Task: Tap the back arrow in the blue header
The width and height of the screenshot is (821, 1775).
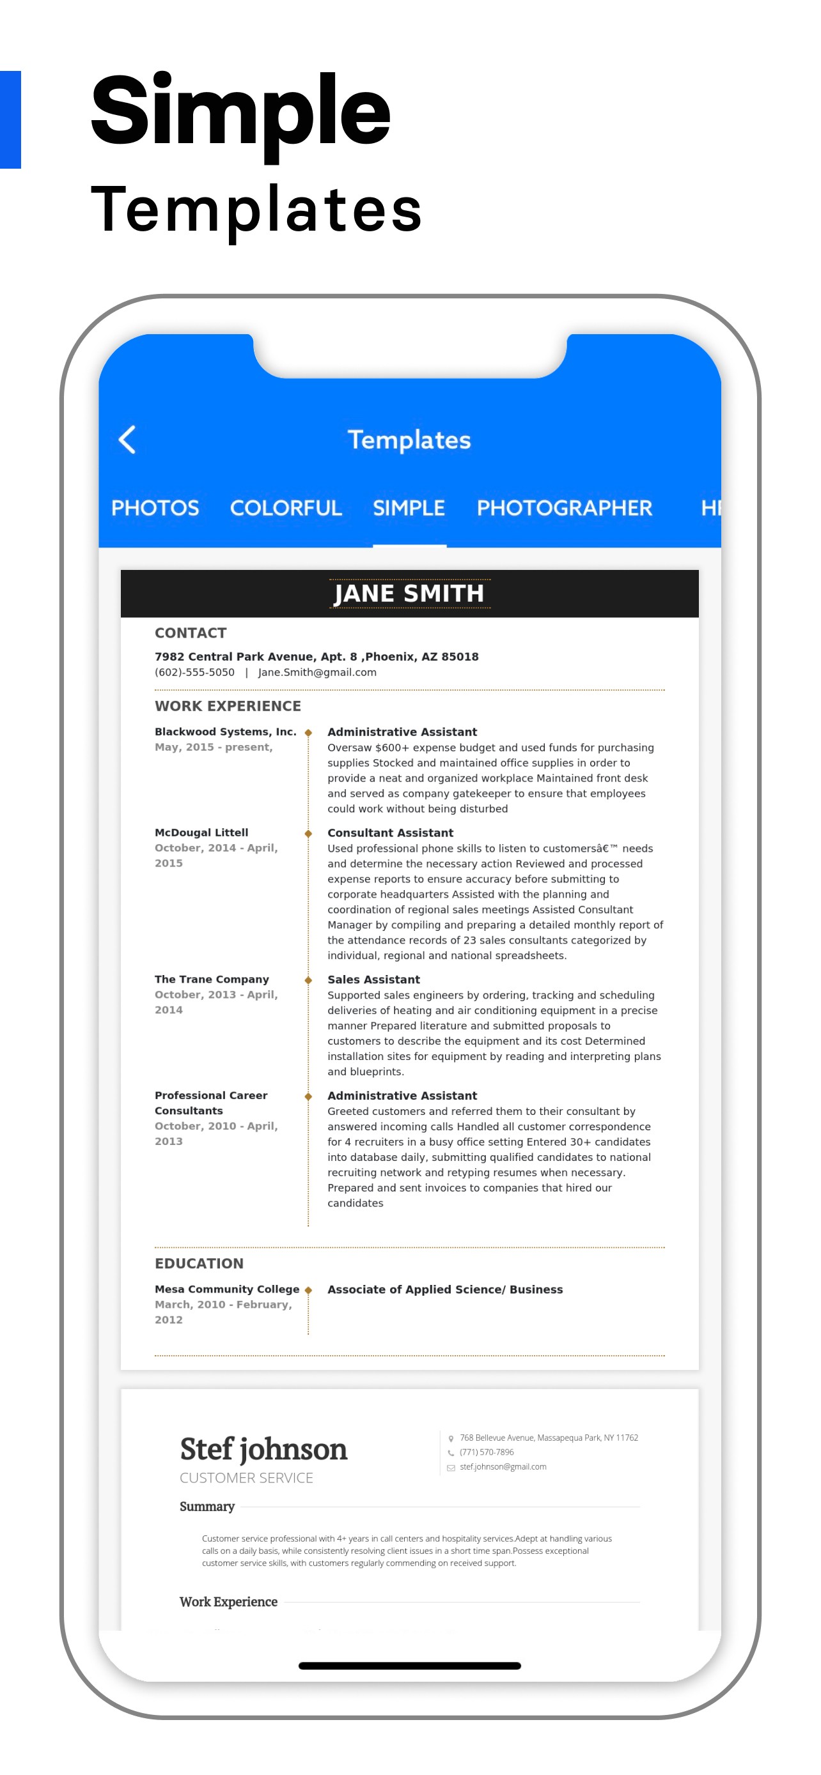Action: click(127, 439)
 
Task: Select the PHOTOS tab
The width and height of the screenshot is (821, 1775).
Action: click(155, 508)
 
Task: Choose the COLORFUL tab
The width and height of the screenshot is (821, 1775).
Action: click(285, 508)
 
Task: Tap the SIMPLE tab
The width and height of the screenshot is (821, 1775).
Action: click(409, 508)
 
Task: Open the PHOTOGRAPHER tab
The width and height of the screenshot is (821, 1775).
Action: click(564, 508)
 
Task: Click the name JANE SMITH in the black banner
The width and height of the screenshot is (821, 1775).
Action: click(409, 594)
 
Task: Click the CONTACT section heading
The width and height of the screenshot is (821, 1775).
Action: click(191, 633)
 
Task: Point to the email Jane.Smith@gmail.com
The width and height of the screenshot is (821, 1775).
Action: click(317, 673)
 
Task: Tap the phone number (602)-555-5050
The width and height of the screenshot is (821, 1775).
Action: click(194, 673)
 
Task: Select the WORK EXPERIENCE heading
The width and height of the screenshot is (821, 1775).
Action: click(228, 705)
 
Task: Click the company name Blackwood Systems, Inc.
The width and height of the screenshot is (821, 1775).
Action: click(226, 732)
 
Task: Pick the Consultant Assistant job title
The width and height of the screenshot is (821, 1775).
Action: click(390, 833)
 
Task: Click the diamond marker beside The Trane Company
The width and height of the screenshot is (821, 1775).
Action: click(308, 980)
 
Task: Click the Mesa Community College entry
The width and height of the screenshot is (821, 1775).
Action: click(227, 1289)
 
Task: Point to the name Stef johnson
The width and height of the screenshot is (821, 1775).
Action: click(263, 1449)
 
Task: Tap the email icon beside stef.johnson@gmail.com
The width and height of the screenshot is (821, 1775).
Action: click(451, 1468)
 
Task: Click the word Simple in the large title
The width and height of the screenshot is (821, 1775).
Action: click(240, 112)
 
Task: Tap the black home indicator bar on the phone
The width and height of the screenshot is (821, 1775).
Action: click(409, 1666)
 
